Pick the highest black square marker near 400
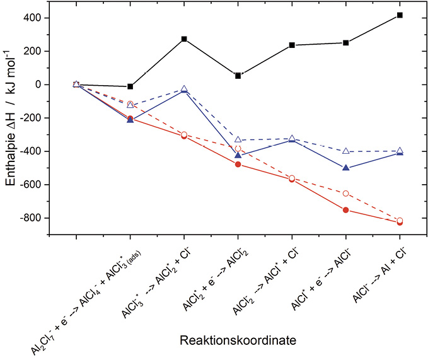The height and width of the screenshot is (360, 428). coord(400,15)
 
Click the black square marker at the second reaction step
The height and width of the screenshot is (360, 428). coord(130,86)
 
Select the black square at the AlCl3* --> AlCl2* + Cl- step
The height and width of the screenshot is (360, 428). coord(184,39)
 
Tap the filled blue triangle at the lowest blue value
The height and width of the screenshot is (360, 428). coord(346,168)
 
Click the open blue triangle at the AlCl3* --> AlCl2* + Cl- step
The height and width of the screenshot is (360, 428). coord(184,89)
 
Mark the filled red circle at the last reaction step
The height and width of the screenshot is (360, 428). coord(400,223)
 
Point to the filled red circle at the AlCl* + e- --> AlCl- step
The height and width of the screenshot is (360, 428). coord(346,210)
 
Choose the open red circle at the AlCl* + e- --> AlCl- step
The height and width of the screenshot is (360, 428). coord(346,193)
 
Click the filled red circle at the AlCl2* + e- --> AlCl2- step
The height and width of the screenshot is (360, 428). coord(238,165)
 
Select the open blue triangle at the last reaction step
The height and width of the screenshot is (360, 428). coord(400,151)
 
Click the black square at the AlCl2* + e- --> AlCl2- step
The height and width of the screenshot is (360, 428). coord(238,76)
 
